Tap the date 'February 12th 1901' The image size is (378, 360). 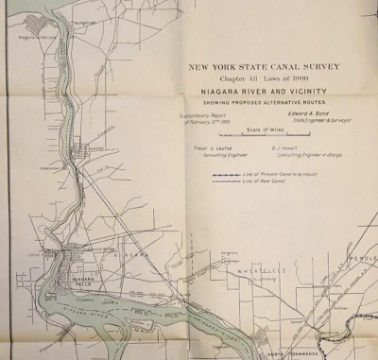click(x=209, y=122)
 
